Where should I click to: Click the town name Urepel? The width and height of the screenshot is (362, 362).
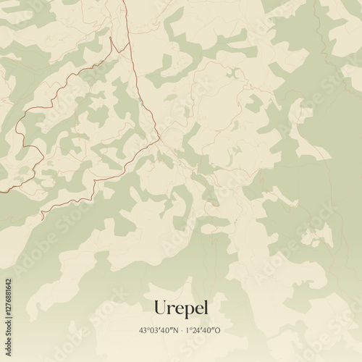point(180,308)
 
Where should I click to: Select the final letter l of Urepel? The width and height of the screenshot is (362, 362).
point(205,307)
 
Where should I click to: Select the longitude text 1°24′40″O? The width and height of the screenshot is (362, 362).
point(203,330)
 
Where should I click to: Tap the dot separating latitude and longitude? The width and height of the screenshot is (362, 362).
point(181,330)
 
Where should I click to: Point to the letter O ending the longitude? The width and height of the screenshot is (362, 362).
point(219,330)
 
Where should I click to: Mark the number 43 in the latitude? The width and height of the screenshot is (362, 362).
point(143,330)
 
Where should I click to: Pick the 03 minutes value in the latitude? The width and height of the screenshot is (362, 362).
point(153,330)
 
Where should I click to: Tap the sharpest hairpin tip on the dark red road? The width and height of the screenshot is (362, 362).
point(110,37)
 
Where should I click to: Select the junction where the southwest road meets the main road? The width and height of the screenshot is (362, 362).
point(157,140)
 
